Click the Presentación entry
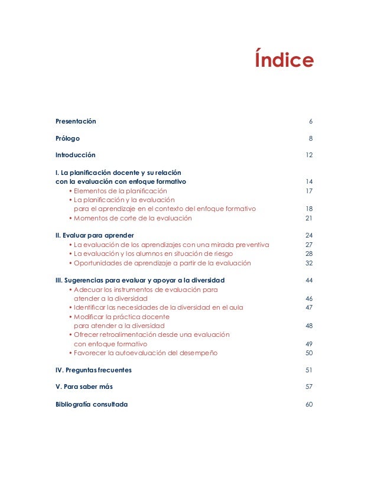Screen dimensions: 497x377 click(76, 121)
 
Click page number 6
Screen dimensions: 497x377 click(310, 121)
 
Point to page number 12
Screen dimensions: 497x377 click(308, 155)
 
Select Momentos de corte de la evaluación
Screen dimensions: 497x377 click(132, 218)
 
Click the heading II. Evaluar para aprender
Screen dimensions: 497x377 click(95, 235)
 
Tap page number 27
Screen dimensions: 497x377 click(308, 245)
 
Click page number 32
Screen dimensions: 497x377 click(308, 263)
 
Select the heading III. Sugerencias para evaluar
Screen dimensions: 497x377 click(139, 280)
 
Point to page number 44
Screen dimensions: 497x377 click(308, 280)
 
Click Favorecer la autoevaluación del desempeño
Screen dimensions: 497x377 click(145, 353)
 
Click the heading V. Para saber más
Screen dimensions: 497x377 click(84, 386)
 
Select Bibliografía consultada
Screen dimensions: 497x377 click(91, 404)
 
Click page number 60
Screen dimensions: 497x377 click(308, 404)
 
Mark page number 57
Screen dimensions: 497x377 click(308, 386)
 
